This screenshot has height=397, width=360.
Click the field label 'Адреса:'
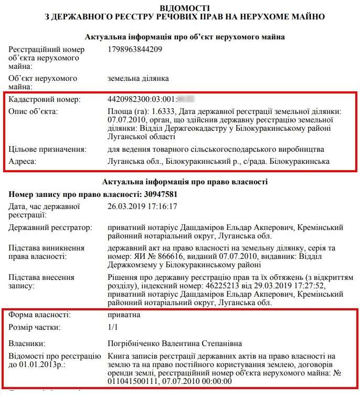23,162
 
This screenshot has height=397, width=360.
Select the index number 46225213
223,286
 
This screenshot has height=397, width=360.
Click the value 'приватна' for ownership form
123,315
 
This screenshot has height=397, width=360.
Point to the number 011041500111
132,382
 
